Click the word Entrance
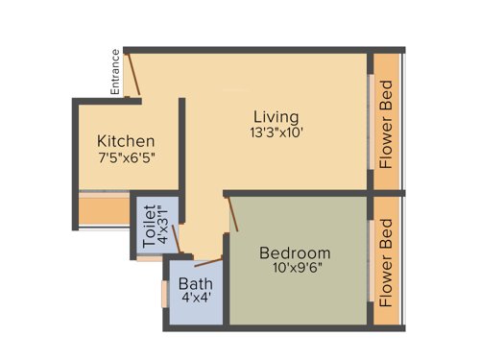pos(115,72)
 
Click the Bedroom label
pos(296,253)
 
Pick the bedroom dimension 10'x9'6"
pos(297,270)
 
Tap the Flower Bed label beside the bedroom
pos(387,259)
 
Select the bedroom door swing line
pos(230,213)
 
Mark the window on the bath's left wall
pos(162,292)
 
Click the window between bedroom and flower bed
pos(371,259)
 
